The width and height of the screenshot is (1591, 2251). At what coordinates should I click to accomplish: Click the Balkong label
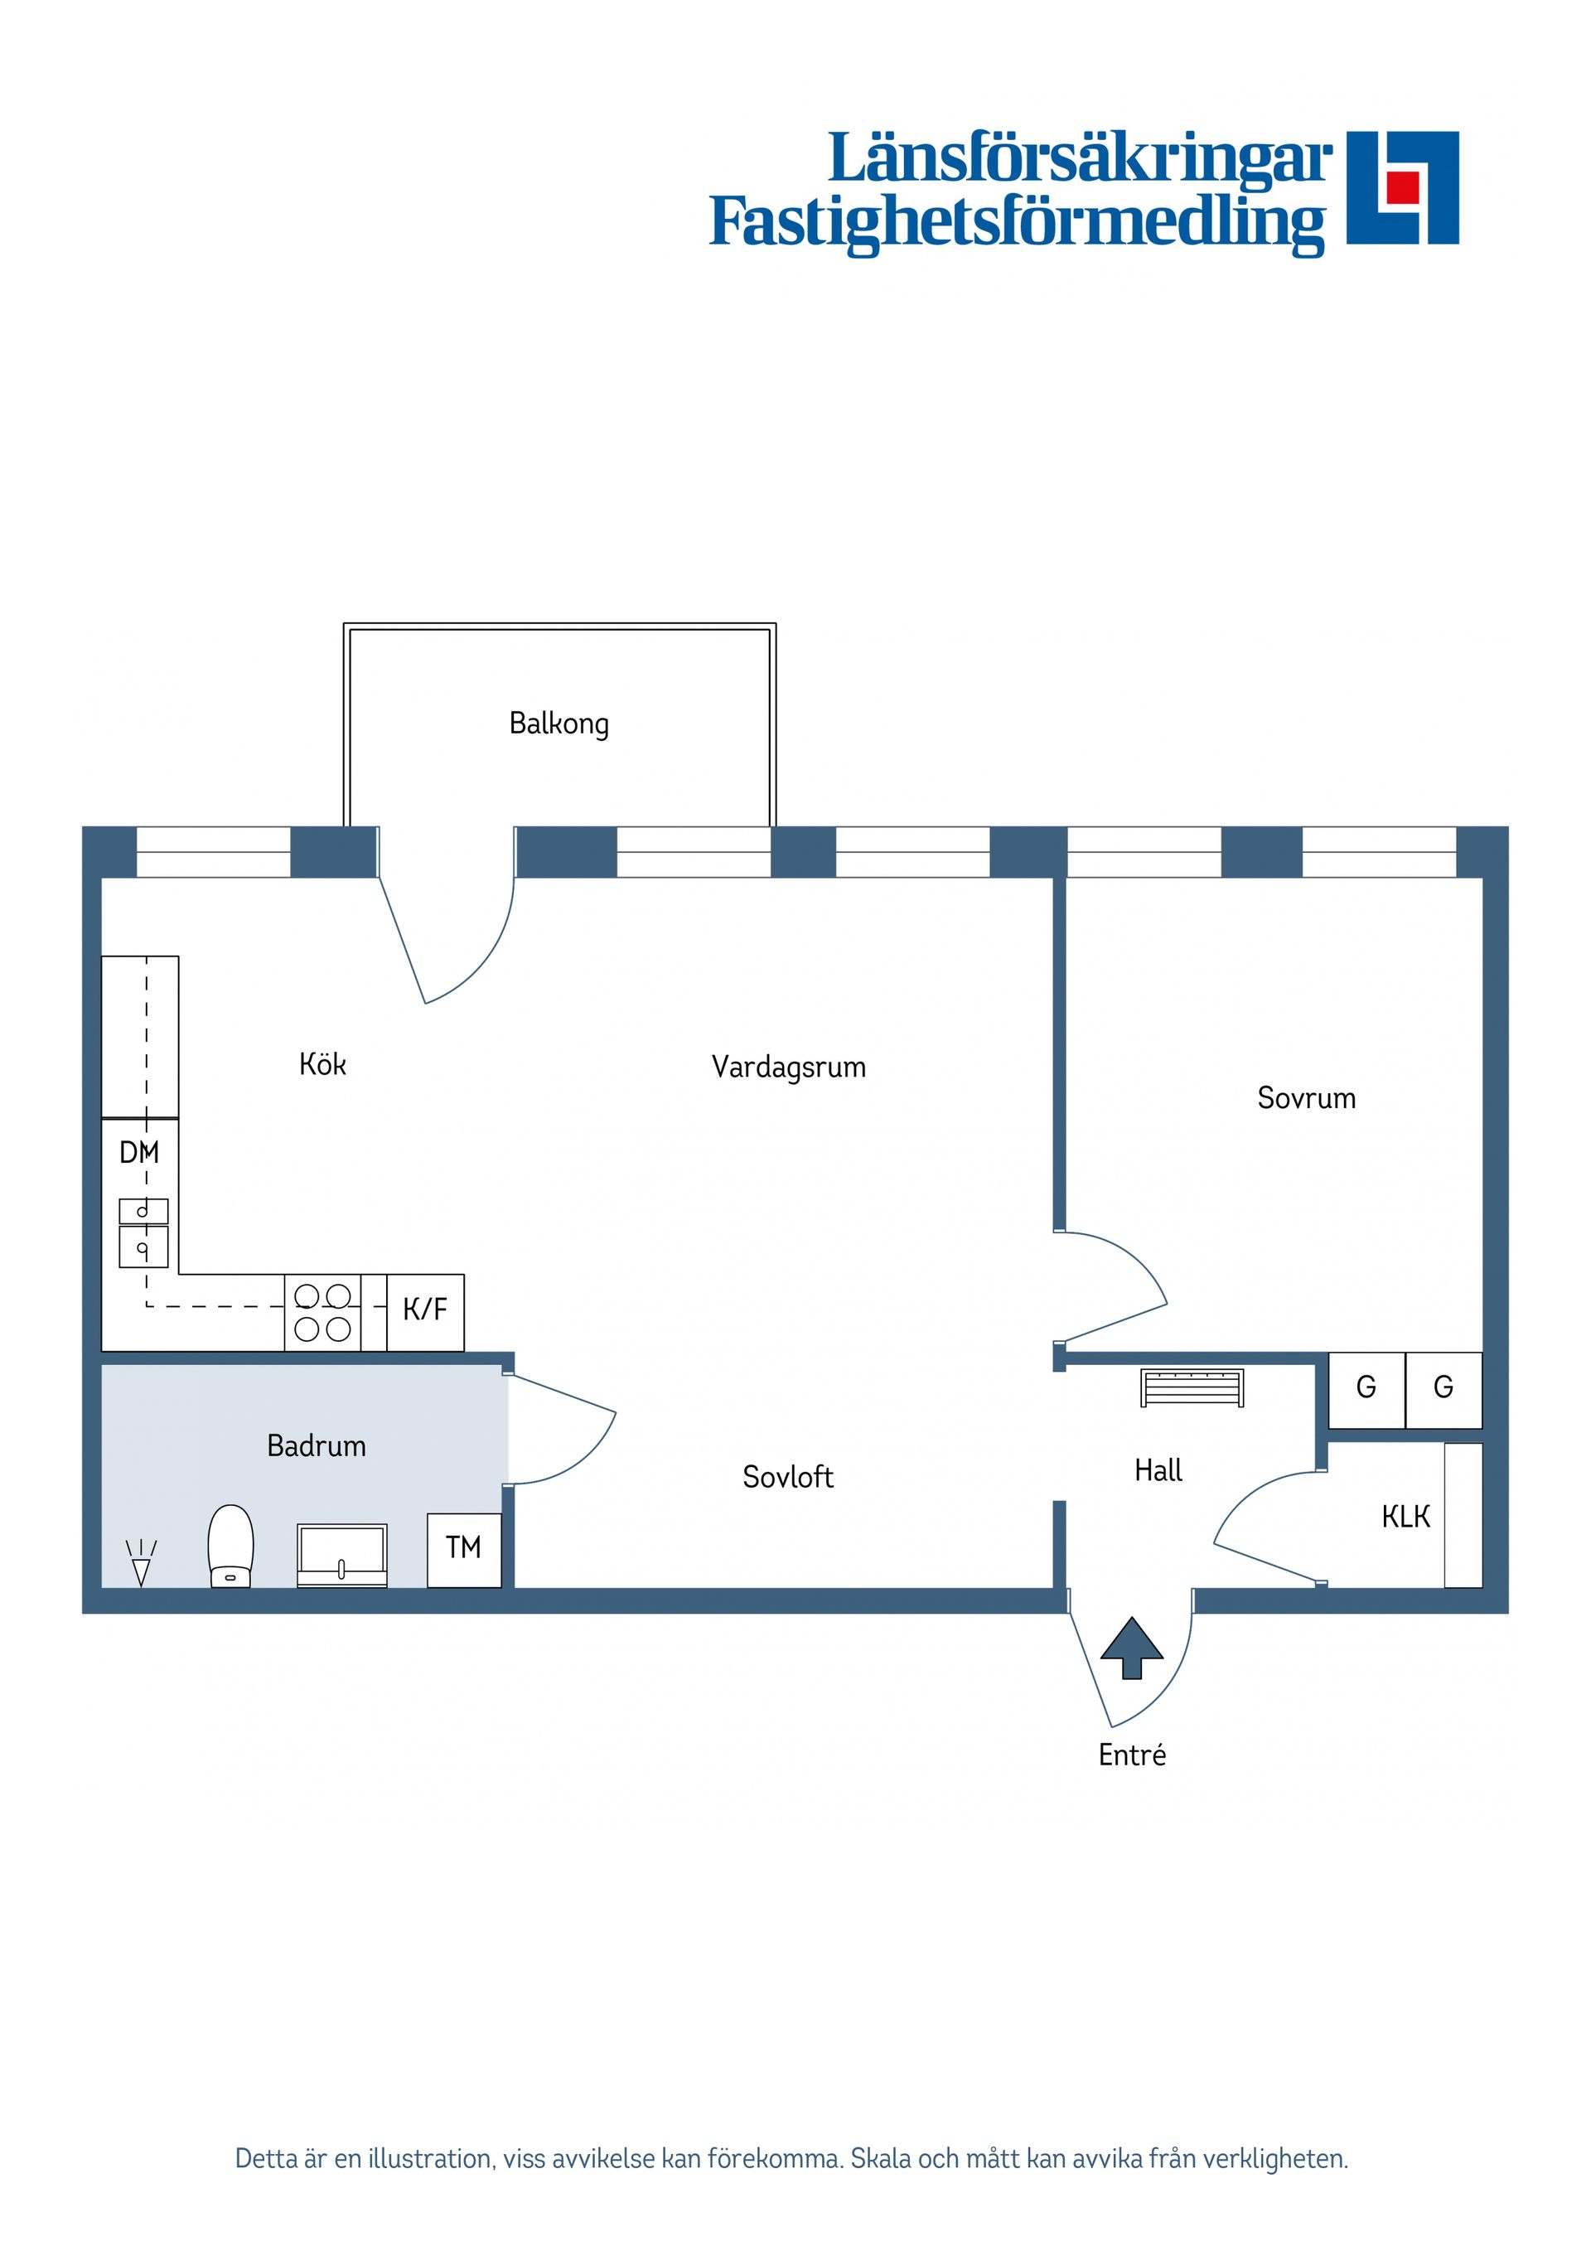(x=559, y=724)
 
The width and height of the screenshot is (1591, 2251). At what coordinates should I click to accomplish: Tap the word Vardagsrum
(x=788, y=1067)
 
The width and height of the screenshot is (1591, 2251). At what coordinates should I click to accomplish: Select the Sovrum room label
(x=1306, y=1097)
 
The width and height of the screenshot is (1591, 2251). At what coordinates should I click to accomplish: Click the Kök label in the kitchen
(x=322, y=1065)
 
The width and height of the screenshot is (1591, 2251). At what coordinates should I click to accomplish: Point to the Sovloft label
(x=787, y=1476)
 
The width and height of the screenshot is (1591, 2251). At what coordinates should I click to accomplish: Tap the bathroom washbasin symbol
(x=341, y=1554)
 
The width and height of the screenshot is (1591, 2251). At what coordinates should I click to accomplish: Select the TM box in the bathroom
(x=464, y=1548)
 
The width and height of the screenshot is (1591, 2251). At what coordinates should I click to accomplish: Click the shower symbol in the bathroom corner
(x=141, y=1561)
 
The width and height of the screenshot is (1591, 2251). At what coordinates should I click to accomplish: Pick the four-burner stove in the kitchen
(x=322, y=1313)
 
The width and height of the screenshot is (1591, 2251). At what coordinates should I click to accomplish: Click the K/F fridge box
(x=424, y=1309)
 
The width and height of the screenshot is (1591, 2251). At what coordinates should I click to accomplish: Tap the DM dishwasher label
(x=138, y=1152)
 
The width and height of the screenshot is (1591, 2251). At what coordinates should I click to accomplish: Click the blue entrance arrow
(x=1131, y=1648)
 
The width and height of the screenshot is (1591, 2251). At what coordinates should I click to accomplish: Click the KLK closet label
(x=1405, y=1517)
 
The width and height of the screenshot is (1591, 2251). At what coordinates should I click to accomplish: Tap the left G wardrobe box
(x=1366, y=1387)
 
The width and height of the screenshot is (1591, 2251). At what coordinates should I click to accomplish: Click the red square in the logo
(x=1402, y=186)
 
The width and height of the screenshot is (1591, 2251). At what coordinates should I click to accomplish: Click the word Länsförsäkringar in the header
(x=1079, y=159)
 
